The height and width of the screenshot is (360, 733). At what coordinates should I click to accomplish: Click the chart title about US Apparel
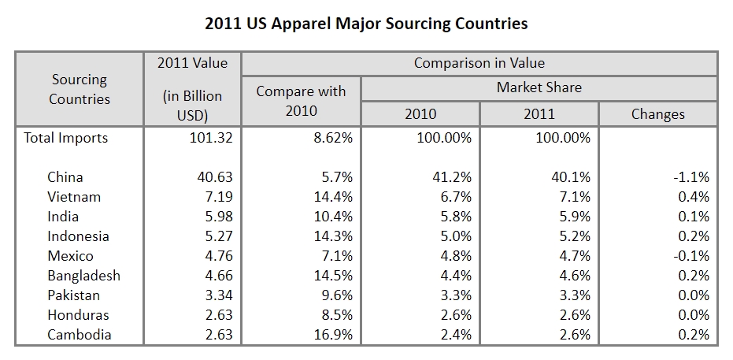tap(366, 23)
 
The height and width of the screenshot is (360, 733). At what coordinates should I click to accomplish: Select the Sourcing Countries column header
tap(80, 89)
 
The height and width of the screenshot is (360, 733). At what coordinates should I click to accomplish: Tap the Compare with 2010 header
tap(301, 101)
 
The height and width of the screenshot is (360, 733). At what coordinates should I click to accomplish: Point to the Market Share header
tap(539, 87)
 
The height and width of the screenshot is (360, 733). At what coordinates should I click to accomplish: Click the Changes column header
tap(657, 113)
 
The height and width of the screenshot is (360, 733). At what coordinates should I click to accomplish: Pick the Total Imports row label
tap(66, 138)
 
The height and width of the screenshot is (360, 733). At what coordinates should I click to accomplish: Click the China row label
tap(65, 177)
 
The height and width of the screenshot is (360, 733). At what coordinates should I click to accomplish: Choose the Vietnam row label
tap(74, 197)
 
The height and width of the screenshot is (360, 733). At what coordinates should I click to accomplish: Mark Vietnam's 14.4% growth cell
tap(333, 197)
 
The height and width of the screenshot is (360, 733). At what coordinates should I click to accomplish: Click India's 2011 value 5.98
tap(217, 217)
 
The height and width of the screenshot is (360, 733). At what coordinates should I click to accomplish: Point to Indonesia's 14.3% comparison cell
tap(333, 236)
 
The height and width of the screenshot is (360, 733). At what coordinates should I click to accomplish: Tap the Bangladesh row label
tap(83, 276)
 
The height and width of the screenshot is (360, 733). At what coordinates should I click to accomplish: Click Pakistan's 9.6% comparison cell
tap(336, 295)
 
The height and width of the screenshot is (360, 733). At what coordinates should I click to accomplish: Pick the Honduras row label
tap(78, 315)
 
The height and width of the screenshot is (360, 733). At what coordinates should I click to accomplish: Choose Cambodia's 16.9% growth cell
tap(333, 335)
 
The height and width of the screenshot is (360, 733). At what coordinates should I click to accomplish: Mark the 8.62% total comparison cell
tap(331, 138)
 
